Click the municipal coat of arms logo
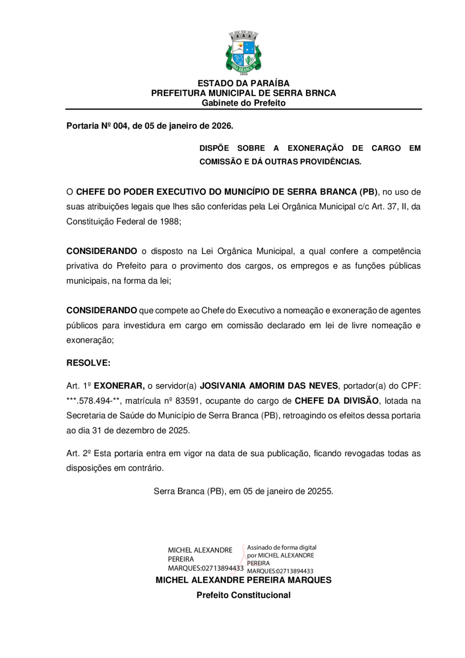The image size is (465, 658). pyautogui.click(x=243, y=53)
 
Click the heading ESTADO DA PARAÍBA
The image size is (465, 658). pyautogui.click(x=243, y=83)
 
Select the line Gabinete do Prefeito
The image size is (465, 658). pyautogui.click(x=243, y=103)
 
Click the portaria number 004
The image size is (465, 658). pyautogui.click(x=120, y=126)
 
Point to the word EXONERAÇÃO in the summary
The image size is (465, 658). pyautogui.click(x=315, y=148)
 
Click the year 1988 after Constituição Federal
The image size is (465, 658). pyautogui.click(x=170, y=222)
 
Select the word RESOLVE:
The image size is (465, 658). pyautogui.click(x=88, y=363)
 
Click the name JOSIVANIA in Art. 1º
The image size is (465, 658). pyautogui.click(x=222, y=386)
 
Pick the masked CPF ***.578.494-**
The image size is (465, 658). pyautogui.click(x=93, y=401)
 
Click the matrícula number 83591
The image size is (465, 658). pyautogui.click(x=188, y=401)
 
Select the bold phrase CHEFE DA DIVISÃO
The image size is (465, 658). pyautogui.click(x=337, y=401)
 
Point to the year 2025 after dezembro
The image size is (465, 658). pyautogui.click(x=179, y=431)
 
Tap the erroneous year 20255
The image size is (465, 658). pyautogui.click(x=320, y=492)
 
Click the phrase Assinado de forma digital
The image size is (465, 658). pyautogui.click(x=281, y=547)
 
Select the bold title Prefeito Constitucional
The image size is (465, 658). pyautogui.click(x=243, y=595)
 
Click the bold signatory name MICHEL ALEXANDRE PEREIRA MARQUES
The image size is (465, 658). pyautogui.click(x=243, y=580)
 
